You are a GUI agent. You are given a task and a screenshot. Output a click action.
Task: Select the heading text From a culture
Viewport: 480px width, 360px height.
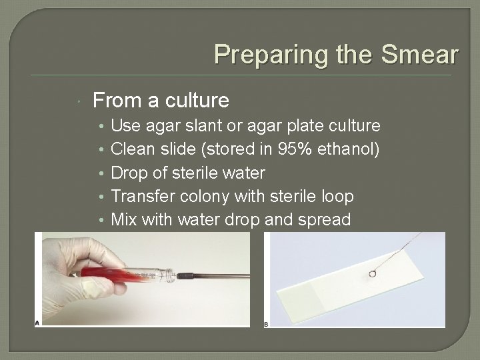click(161, 101)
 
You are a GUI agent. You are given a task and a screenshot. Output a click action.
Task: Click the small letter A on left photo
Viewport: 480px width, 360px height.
click(37, 323)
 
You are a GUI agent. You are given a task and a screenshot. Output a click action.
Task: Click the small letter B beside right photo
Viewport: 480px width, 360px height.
click(267, 324)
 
